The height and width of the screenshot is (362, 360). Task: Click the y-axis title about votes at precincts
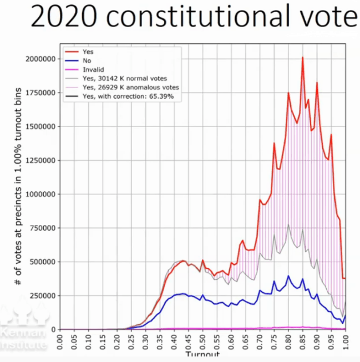tap(19, 193)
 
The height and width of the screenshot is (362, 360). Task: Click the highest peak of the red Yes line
tap(302, 57)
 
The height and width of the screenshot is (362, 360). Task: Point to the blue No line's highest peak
tap(288, 276)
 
